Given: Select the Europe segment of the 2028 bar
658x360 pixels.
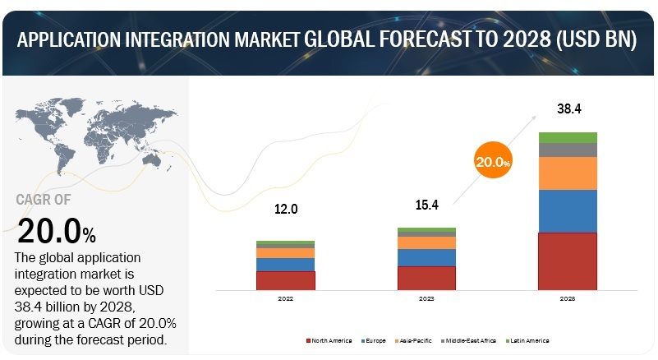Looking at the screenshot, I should [567, 211].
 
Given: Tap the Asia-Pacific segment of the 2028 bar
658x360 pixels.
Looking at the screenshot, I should [567, 173].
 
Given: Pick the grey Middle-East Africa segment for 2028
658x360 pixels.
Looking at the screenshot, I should [567, 150].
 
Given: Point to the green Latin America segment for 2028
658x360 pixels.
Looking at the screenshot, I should [567, 137].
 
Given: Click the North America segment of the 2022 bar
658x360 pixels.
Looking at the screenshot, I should [285, 280].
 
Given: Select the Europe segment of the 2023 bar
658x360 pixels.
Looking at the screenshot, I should [426, 257].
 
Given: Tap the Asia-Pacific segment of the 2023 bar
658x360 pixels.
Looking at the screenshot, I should [426, 242].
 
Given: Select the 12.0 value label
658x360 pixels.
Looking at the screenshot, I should [285, 210].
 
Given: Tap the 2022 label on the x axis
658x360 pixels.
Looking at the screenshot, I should [285, 299].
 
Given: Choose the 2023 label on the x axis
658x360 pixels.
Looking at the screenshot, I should [426, 299].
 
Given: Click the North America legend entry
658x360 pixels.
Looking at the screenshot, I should [330, 340].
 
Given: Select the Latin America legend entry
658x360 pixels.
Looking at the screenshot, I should [527, 340].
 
